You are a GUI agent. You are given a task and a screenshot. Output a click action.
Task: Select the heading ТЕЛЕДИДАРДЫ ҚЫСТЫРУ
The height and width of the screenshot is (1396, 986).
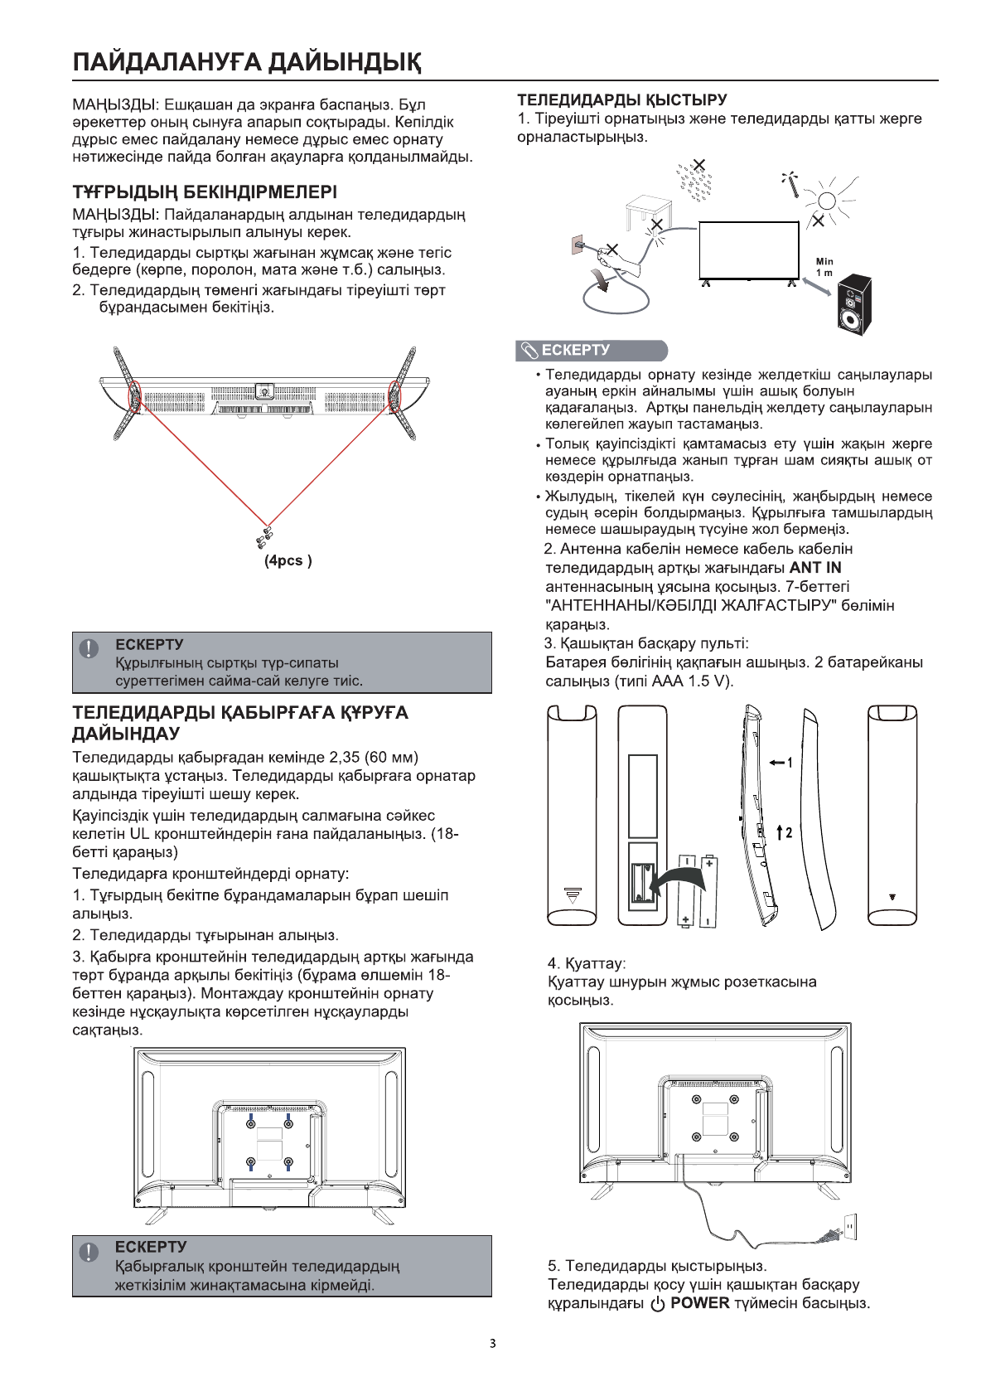pos(622,100)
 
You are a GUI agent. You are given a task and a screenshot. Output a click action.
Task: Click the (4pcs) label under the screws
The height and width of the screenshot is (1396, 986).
pos(288,561)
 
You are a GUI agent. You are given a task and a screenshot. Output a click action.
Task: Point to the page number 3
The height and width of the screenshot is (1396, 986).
pos(492,1344)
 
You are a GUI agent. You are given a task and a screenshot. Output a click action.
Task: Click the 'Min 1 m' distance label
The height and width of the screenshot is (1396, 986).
pos(824,267)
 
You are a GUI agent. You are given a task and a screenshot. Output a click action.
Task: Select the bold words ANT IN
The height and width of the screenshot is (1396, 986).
pos(815,568)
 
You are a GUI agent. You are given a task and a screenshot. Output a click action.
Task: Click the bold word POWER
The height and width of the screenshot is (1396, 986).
pos(700,1303)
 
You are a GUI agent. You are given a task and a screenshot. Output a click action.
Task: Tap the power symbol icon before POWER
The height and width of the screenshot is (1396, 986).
pos(658,1304)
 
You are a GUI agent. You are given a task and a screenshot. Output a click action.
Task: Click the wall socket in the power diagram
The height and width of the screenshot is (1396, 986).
pos(848,1226)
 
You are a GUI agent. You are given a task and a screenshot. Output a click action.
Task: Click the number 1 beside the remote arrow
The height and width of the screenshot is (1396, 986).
pos(791,762)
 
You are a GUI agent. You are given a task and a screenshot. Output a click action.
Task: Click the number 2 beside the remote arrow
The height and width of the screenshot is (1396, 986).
pos(790,831)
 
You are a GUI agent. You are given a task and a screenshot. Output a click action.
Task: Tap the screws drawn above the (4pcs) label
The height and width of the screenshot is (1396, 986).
pos(264,536)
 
